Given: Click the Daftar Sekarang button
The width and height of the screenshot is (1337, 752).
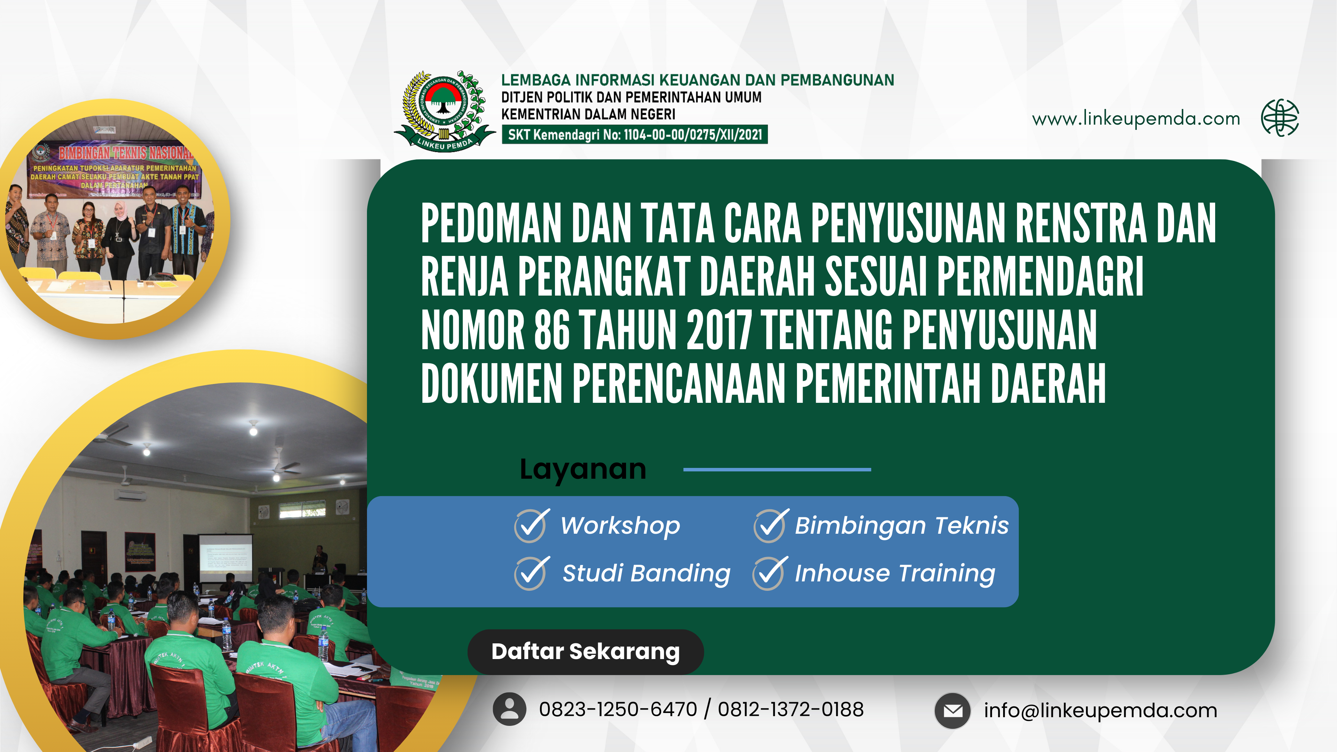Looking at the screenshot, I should click(x=585, y=652).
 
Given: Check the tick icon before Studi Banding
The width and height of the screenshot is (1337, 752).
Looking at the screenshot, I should click(x=530, y=573).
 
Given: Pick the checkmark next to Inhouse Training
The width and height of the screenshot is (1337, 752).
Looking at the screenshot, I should click(x=769, y=573).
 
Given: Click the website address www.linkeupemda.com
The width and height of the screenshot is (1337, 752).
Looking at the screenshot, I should click(x=1136, y=119).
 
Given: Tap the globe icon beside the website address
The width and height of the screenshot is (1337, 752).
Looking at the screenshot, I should click(x=1280, y=118).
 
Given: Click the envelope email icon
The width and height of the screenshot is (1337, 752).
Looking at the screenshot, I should click(x=952, y=711).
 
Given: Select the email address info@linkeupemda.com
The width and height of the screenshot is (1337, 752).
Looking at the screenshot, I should click(x=1100, y=711).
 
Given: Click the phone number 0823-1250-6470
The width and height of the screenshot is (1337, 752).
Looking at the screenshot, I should click(x=618, y=710).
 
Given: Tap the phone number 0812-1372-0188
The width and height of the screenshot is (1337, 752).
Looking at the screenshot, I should click(x=790, y=710).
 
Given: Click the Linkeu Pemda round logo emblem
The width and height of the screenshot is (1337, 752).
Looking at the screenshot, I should click(x=443, y=110).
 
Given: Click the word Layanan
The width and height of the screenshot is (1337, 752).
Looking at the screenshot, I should click(x=583, y=470).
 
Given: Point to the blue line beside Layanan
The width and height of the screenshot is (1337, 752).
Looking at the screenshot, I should click(x=777, y=470).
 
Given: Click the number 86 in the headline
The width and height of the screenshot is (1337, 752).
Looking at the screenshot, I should click(x=552, y=330).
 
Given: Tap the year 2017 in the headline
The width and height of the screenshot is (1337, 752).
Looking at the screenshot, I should click(x=719, y=330).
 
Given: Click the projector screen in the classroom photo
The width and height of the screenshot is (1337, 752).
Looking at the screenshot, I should click(x=226, y=557).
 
